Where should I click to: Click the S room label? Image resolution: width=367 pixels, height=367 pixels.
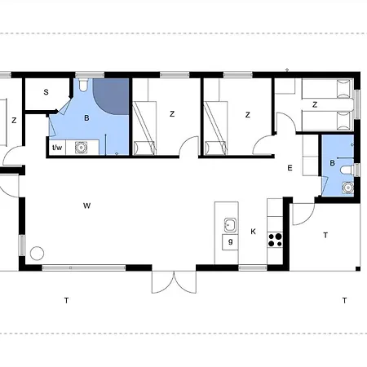pos(46,92)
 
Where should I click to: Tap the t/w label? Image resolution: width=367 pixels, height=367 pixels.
pos(57,148)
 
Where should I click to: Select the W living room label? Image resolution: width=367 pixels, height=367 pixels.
pos(86,206)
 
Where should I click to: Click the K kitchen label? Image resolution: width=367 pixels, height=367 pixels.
pos(253,232)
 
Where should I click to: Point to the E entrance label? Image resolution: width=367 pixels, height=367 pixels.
pos(290,168)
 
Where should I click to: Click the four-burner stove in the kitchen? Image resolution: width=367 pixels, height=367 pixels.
pos(275,240)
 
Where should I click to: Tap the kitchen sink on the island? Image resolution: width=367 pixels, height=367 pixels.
pos(230,225)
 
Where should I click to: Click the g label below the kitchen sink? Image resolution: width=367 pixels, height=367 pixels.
pos(231,241)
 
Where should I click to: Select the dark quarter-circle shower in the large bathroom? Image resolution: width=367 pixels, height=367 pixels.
pos(111,96)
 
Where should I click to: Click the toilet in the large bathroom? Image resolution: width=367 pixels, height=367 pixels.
pos(83,85)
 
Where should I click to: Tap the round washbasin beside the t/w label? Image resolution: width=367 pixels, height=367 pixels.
pos(81,148)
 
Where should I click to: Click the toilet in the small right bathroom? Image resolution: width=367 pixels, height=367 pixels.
pos(347,170)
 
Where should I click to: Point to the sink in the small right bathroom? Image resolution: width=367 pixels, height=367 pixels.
pos(348,188)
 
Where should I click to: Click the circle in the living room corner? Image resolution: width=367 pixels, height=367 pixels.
pos(37,254)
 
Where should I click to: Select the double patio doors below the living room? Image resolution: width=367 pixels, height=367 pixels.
pos(174,282)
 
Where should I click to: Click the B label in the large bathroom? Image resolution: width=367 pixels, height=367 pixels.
pos(86,118)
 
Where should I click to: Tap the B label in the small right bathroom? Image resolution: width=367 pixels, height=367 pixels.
pos(332,163)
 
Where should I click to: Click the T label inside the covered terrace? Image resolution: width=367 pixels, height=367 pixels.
pos(325,235)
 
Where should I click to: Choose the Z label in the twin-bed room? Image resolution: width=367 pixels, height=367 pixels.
pos(315,104)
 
